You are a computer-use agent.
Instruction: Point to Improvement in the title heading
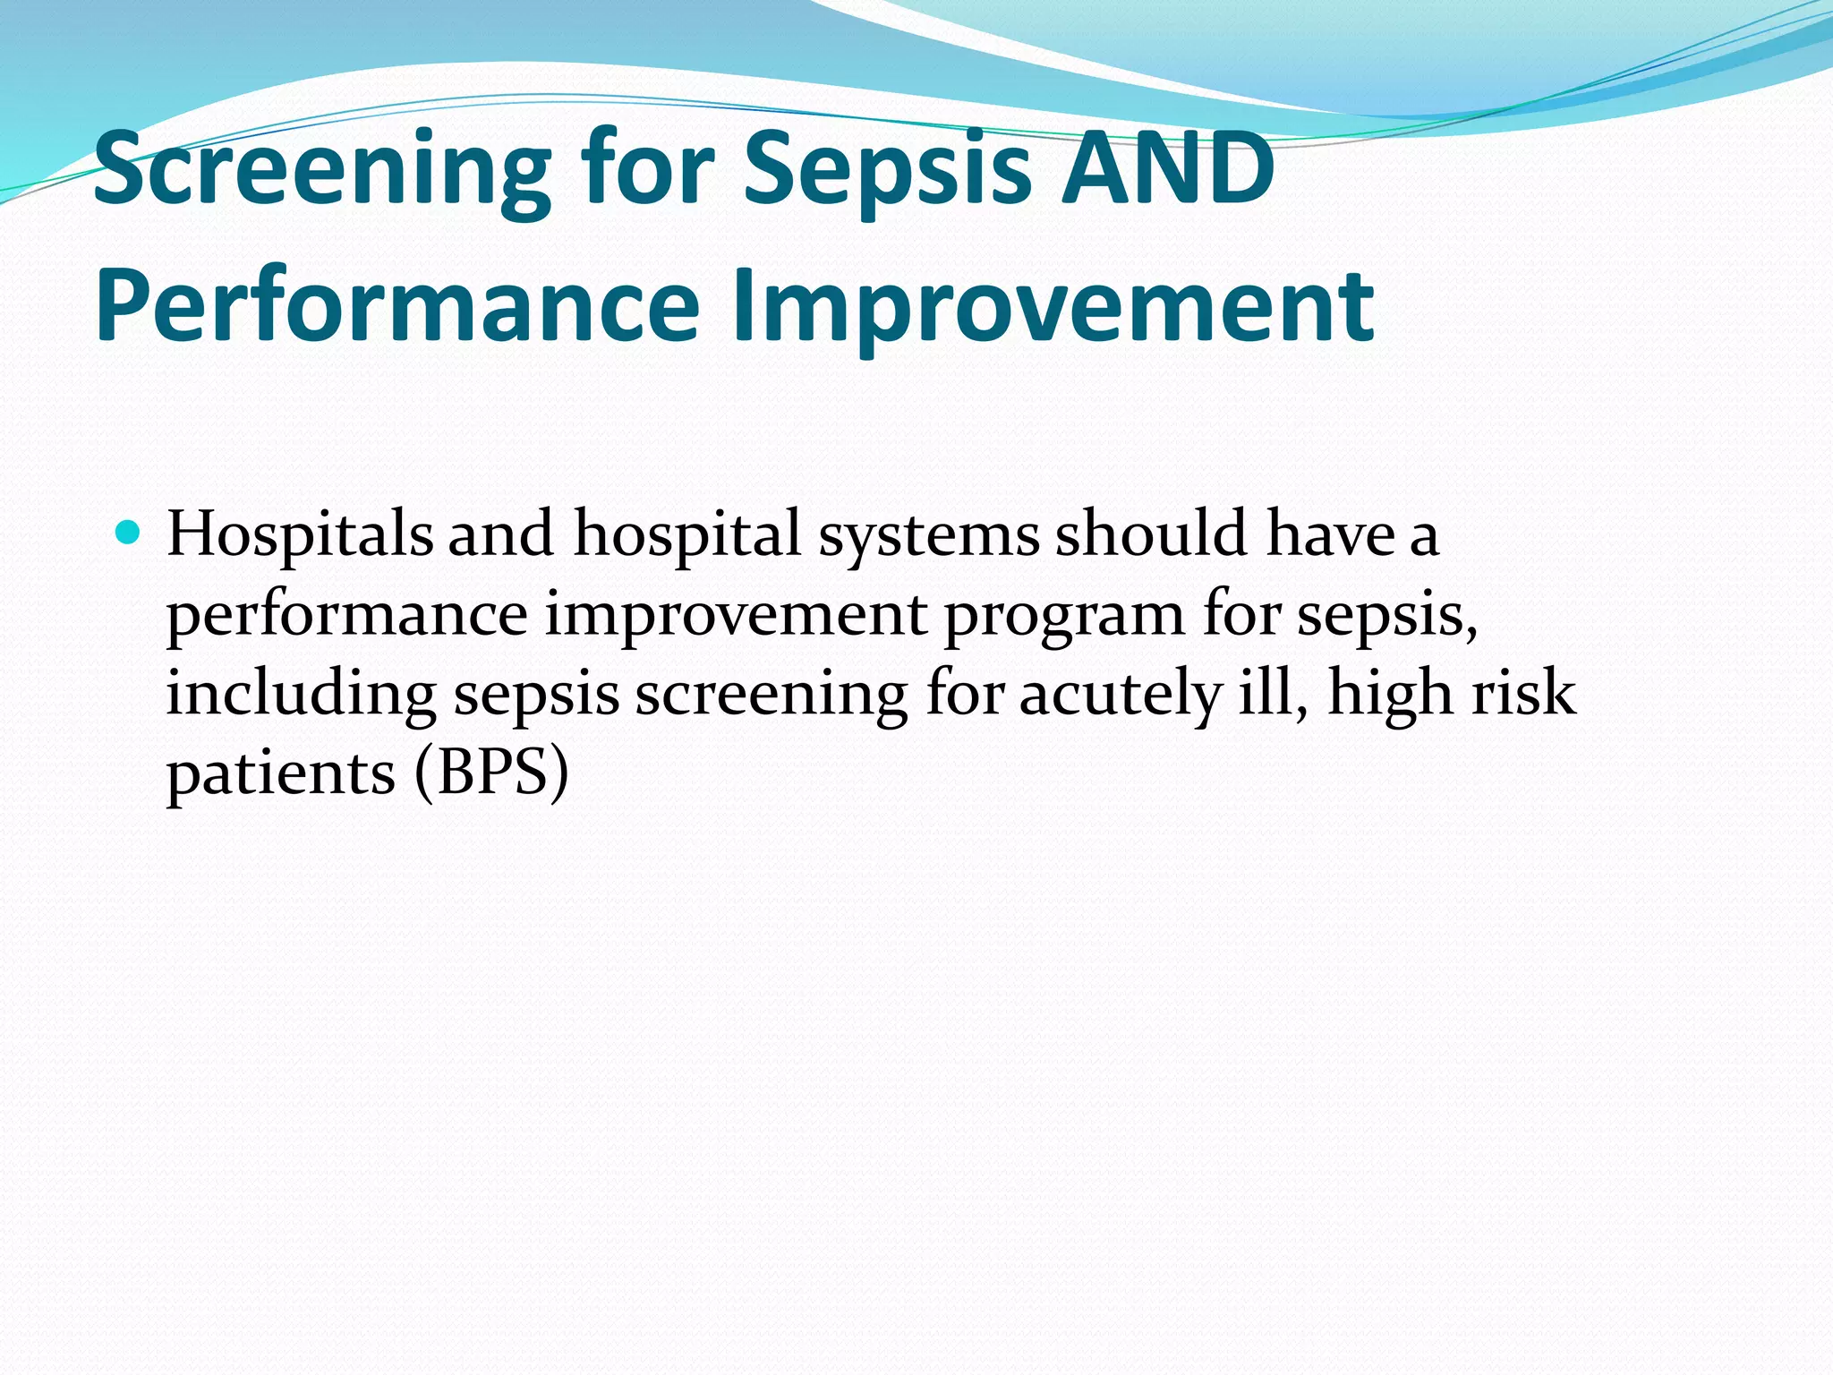(1053, 306)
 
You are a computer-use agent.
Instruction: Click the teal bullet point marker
(129, 534)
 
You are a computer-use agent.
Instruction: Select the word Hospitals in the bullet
(300, 534)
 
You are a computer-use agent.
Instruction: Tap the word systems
(929, 534)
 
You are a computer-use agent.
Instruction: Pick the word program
(1065, 616)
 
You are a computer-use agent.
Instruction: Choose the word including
(301, 695)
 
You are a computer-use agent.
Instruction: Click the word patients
(281, 773)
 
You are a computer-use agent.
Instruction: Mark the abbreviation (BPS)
(491, 773)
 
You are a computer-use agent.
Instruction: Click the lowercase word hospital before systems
(686, 534)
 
